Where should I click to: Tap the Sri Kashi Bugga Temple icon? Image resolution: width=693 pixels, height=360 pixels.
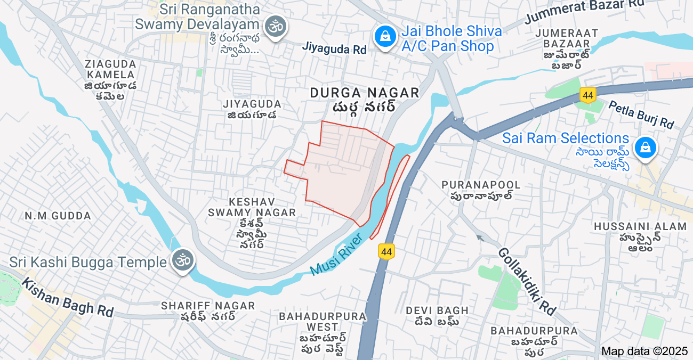click(182, 261)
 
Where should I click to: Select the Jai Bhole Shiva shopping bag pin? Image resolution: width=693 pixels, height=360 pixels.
click(384, 37)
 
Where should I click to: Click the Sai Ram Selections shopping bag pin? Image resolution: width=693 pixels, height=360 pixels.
click(646, 148)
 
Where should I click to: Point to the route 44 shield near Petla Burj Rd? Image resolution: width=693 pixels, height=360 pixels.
click(588, 95)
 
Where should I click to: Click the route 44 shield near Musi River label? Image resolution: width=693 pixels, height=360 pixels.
click(386, 251)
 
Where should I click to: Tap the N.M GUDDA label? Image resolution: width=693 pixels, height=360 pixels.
click(58, 216)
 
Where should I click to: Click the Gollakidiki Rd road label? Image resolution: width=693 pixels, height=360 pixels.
click(527, 280)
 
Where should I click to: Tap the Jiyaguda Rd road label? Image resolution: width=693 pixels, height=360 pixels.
click(334, 48)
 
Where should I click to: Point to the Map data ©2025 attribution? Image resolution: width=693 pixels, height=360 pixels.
click(644, 351)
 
